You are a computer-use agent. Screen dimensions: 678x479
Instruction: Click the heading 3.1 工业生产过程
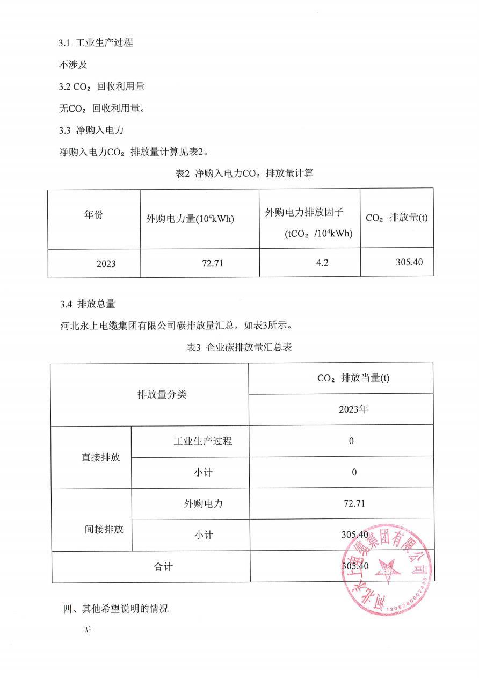(96, 43)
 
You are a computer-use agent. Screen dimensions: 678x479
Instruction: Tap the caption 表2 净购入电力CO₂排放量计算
(240, 174)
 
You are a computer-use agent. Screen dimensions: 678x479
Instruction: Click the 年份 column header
(93, 215)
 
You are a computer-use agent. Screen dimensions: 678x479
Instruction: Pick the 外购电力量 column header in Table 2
(190, 219)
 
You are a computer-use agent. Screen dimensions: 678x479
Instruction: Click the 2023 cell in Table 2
(106, 264)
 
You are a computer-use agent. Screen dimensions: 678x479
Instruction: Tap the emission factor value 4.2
(310, 263)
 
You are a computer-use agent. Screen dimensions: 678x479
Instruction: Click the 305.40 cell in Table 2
(409, 262)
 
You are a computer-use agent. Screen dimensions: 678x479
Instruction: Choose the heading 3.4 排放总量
(88, 304)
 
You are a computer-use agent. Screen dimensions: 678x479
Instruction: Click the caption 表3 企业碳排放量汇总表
(239, 348)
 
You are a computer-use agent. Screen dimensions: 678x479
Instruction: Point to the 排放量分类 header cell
(162, 394)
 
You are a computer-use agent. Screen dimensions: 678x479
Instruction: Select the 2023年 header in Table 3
(353, 409)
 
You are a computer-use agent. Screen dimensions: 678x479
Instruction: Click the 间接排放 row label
(104, 529)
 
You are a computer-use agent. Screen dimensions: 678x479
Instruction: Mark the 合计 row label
(163, 567)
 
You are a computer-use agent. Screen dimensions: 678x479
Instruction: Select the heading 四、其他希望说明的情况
(115, 609)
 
